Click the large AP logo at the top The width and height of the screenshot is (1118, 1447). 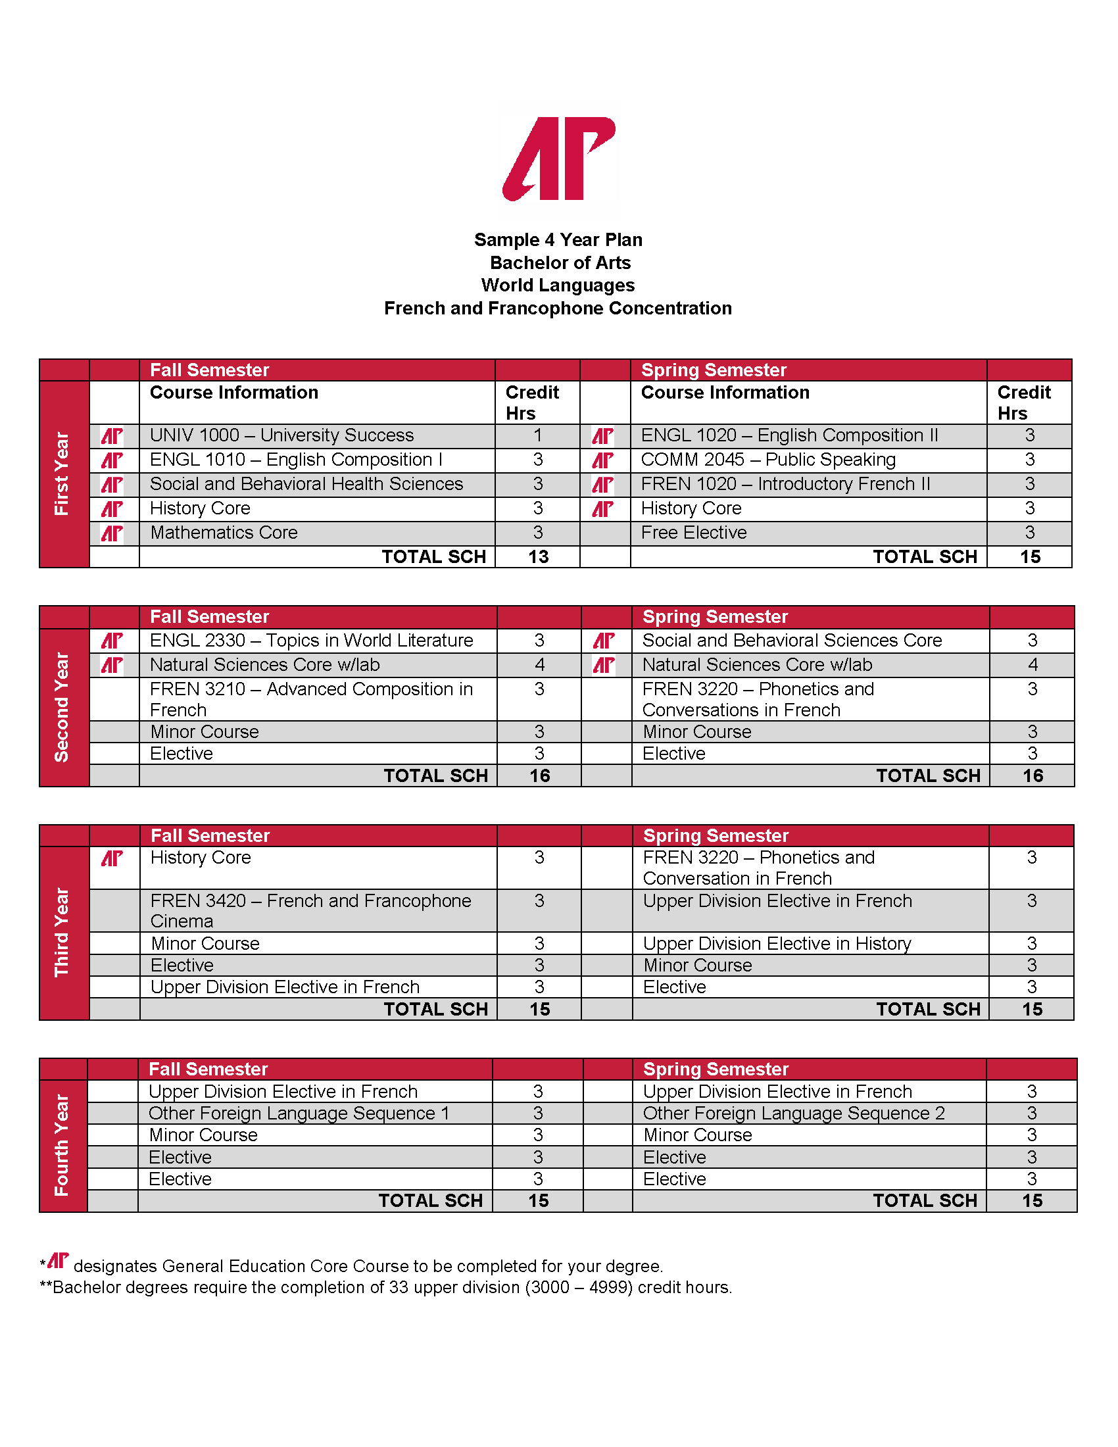click(559, 159)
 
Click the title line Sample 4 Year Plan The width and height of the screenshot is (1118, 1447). click(558, 240)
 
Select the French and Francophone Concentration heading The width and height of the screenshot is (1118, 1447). click(558, 308)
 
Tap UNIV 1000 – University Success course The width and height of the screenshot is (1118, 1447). click(281, 435)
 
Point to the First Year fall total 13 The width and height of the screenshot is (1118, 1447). click(538, 556)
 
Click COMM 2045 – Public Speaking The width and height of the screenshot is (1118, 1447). click(767, 460)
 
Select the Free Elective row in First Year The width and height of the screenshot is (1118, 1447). click(693, 533)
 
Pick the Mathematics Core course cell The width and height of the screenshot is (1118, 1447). click(224, 533)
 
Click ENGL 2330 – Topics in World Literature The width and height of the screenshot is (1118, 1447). click(311, 641)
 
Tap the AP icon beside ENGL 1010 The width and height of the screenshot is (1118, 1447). click(112, 460)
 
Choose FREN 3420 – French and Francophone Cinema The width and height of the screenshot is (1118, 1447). click(310, 910)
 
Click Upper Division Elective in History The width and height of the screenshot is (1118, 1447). click(776, 943)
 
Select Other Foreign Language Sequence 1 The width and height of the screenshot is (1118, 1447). click(299, 1114)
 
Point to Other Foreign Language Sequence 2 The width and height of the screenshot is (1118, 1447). click(794, 1114)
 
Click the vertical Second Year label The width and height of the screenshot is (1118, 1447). click(62, 707)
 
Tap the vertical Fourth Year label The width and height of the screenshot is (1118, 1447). click(62, 1145)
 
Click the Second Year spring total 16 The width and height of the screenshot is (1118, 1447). click(1033, 776)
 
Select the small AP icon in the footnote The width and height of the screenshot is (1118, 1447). click(59, 1261)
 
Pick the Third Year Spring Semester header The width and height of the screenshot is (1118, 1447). click(716, 835)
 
